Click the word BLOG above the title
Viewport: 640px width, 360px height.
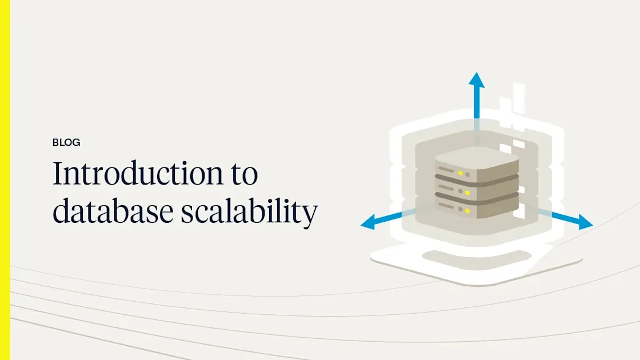click(x=66, y=143)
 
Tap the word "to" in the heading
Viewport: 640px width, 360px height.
click(x=243, y=174)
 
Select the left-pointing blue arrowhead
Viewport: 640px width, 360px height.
click(x=368, y=223)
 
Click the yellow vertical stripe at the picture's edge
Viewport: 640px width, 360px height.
click(x=5, y=180)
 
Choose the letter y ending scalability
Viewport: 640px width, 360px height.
click(x=310, y=215)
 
